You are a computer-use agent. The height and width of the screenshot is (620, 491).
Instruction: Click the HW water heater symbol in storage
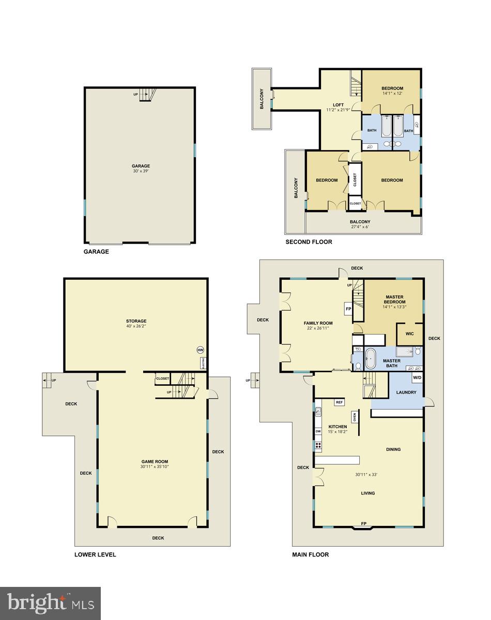pos(200,350)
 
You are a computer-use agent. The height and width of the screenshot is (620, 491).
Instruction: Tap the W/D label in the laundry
pos(417,378)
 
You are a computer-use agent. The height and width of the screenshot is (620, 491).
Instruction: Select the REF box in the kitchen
pos(340,402)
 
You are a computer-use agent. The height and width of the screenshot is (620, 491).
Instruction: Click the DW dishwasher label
pos(318,431)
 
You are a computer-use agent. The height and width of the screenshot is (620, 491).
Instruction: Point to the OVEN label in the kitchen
pos(355,417)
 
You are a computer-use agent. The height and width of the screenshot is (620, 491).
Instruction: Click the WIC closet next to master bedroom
pos(409,334)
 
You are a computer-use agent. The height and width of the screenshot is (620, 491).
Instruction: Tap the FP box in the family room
pos(348,310)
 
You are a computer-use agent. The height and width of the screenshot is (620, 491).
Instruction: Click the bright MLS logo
pos(50,602)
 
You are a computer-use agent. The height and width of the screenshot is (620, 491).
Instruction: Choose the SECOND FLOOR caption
pos(309,241)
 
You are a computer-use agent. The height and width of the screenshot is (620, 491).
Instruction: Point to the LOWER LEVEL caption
pos(95,555)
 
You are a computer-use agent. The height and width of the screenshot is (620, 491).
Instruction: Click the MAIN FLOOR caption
pos(310,555)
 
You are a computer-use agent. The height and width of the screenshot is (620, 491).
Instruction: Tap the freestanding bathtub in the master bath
pos(371,359)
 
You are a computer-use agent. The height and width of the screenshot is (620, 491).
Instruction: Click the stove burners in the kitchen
pos(318,445)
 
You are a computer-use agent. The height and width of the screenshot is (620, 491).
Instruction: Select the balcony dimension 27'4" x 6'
pos(360,227)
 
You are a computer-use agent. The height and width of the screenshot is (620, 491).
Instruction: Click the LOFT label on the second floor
pos(338,105)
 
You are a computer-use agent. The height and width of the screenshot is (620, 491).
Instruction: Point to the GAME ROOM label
pos(155,462)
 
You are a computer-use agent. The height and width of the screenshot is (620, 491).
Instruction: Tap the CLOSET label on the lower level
pos(162,379)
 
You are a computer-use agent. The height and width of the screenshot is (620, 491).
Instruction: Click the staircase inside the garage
pos(147,95)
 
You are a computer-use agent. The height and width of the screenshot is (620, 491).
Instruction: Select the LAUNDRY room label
pos(406,392)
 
